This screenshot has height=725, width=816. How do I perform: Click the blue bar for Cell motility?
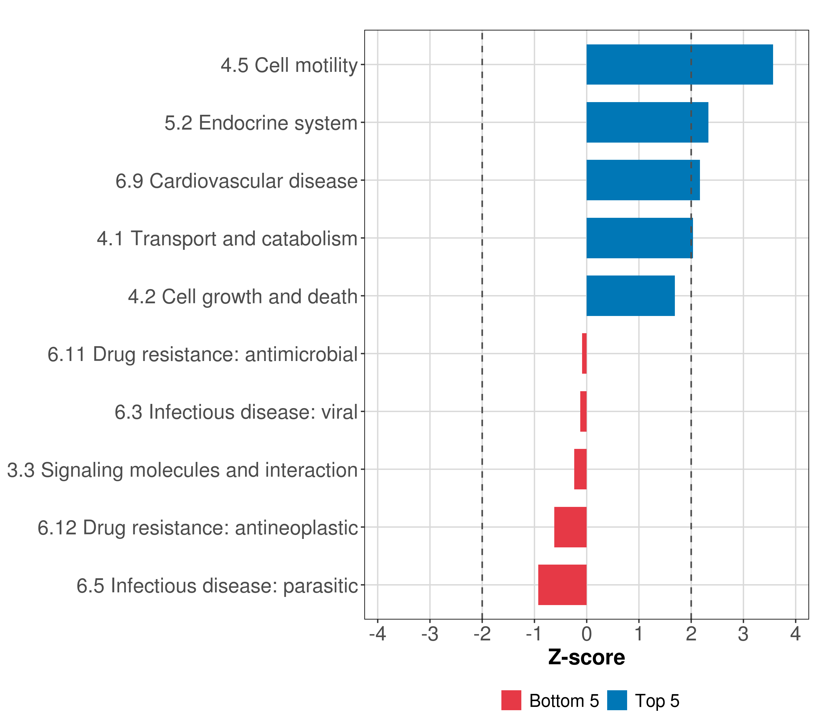click(x=679, y=64)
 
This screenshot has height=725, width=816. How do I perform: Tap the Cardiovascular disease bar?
click(x=643, y=180)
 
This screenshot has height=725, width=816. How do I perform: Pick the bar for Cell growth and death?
click(x=630, y=296)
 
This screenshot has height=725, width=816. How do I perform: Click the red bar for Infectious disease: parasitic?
click(x=562, y=585)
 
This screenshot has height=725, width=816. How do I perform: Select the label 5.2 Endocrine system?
click(x=261, y=123)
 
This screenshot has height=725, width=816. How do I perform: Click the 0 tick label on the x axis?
click(x=586, y=634)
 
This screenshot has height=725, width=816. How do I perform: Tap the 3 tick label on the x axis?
click(x=743, y=634)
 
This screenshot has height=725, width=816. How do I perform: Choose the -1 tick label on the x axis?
click(x=534, y=634)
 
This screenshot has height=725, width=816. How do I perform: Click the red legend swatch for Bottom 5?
click(x=511, y=700)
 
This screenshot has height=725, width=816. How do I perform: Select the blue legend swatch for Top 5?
click(x=617, y=700)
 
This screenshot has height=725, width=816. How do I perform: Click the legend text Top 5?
click(x=657, y=701)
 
